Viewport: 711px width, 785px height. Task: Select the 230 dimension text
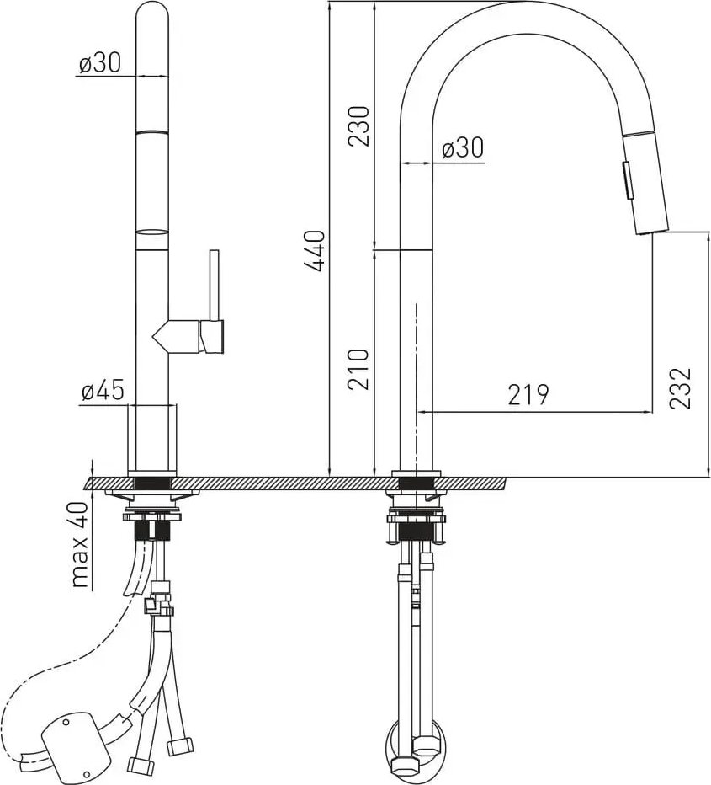(x=358, y=125)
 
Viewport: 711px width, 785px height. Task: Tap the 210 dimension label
(x=358, y=370)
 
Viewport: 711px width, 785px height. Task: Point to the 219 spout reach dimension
(x=528, y=394)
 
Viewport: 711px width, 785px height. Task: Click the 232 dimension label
(x=681, y=388)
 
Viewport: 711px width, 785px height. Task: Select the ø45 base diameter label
(x=103, y=389)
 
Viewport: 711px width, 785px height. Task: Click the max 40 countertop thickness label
(x=80, y=544)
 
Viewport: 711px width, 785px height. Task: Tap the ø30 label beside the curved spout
(x=463, y=147)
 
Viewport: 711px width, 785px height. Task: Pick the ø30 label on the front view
(x=100, y=63)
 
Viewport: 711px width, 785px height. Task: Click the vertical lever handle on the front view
(x=215, y=285)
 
